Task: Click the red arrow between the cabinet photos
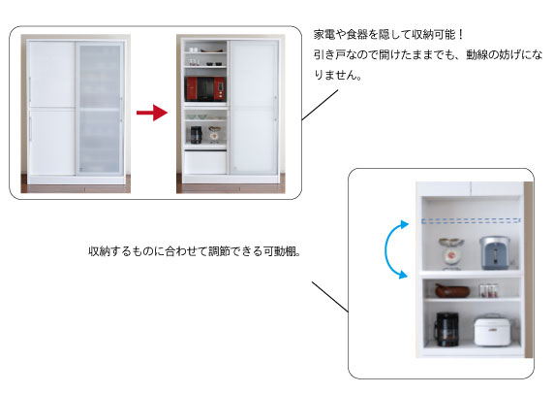152,113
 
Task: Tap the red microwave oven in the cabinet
205,88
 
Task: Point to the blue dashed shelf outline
471,221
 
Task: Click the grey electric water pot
495,252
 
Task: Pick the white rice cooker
492,330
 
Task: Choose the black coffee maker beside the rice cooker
446,329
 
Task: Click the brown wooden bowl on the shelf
452,290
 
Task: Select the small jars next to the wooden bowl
489,290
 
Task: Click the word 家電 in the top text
324,35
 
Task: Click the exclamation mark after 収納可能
460,35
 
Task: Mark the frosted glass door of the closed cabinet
100,108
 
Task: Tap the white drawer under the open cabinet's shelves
205,162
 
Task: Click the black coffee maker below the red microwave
196,135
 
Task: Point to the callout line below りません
320,105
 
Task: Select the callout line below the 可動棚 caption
330,297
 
